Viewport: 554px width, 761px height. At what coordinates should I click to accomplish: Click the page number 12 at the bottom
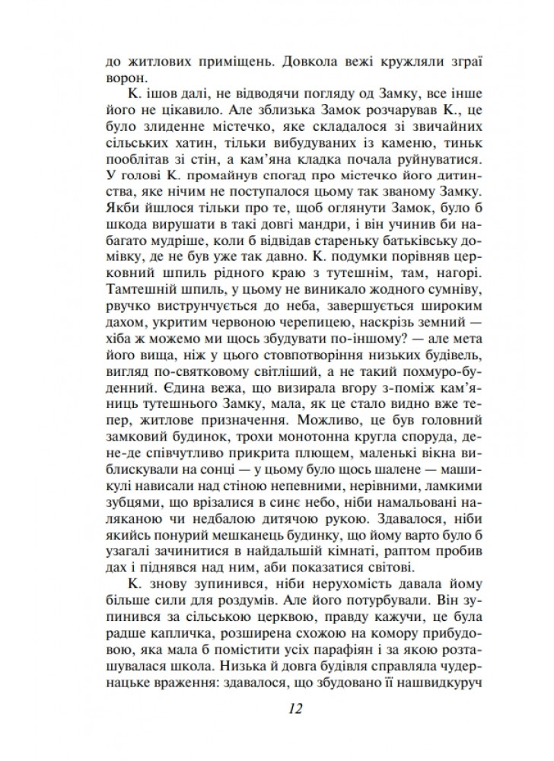pyautogui.click(x=296, y=708)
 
